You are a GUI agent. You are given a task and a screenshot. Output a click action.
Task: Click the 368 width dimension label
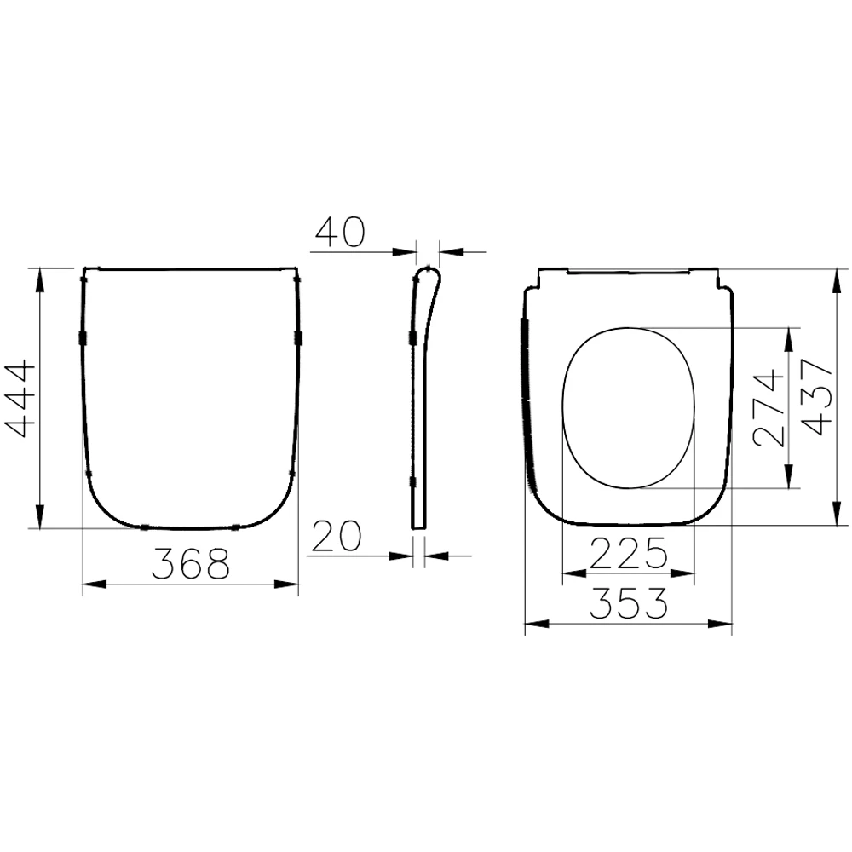(191, 564)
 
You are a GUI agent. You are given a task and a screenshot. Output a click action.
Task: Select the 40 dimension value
(339, 232)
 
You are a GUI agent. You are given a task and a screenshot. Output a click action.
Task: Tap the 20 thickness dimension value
(337, 536)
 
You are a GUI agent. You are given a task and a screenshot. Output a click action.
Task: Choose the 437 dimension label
(815, 397)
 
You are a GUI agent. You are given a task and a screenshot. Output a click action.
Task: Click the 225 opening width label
(628, 556)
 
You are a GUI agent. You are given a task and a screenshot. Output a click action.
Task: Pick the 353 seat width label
(628, 605)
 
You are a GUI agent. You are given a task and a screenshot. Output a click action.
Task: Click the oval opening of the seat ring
(630, 407)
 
